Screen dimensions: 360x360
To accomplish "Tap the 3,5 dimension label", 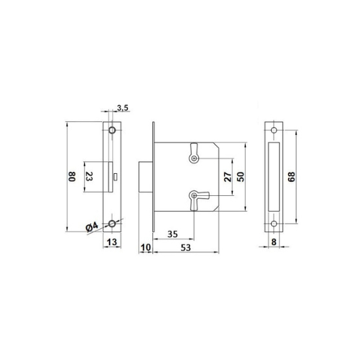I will point(121,107).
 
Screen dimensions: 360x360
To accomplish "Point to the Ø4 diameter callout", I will point(91,226).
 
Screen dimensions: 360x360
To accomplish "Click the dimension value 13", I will point(112,242).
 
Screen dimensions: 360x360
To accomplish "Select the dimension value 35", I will point(172,234).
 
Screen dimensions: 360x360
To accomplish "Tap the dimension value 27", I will point(227,176).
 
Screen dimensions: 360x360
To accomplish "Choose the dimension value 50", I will point(241,176).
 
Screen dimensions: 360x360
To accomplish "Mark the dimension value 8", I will point(274,242).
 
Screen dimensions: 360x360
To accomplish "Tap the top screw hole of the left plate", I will point(112,131).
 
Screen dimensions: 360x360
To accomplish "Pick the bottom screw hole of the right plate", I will point(274,224).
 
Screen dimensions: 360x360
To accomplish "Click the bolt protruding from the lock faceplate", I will point(146,177).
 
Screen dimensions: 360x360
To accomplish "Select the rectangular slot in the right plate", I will point(274,177).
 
